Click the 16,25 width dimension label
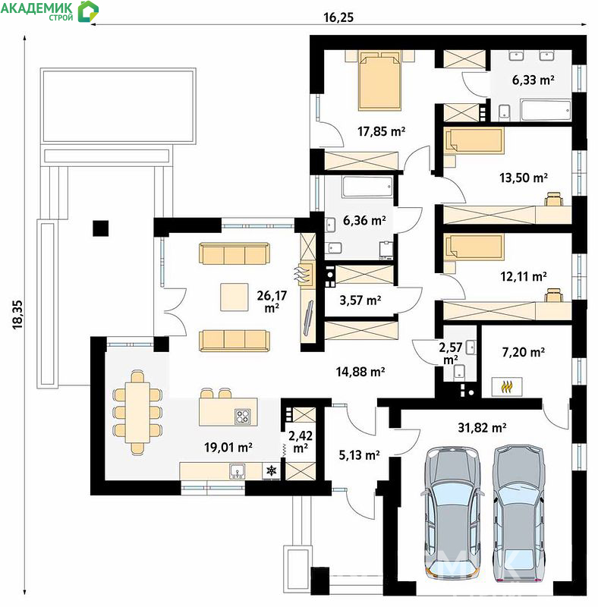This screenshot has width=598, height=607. pos(338,17)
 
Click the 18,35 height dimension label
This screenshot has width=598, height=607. pos(17,315)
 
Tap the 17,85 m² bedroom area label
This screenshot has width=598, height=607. pos(381,131)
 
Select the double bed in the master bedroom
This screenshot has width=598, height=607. pos(379,80)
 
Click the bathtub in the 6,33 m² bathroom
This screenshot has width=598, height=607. pos(546,110)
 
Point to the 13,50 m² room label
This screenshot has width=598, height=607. pos(524,178)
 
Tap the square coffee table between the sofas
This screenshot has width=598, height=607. pos(234,297)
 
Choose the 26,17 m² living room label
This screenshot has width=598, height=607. pos(272,301)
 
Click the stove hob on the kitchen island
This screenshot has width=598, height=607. pos(243,417)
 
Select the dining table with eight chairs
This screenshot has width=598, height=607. pos(137,412)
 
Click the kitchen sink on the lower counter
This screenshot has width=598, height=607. pos(237,471)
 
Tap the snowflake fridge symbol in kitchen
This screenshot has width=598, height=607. pos(272,471)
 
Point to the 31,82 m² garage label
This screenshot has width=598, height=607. pos(482,428)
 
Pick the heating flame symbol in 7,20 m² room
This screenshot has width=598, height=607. pos(507,387)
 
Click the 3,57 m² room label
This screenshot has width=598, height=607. pos(360,300)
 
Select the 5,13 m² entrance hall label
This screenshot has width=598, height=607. pos(359,454)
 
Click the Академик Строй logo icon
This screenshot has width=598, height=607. pos(88,11)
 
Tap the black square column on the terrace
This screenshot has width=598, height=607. pos(101,228)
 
